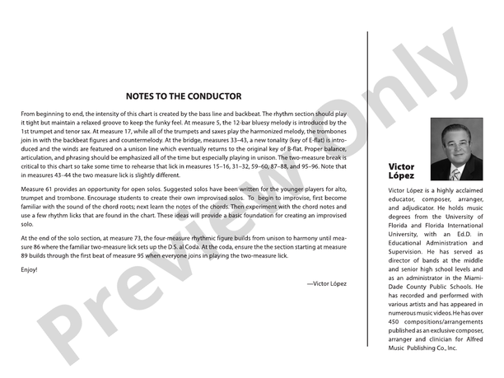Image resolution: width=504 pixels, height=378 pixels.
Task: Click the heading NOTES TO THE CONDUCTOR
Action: pyautogui.click(x=184, y=96)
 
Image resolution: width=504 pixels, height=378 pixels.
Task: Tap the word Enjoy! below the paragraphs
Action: pyautogui.click(x=30, y=269)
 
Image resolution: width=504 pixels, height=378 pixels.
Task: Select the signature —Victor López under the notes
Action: pyautogui.click(x=326, y=283)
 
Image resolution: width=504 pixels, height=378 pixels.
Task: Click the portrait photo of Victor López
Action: pyautogui.click(x=456, y=149)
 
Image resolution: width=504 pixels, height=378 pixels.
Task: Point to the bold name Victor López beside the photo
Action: pyautogui.click(x=401, y=171)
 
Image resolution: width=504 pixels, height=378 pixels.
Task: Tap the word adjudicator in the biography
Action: pyautogui.click(x=411, y=208)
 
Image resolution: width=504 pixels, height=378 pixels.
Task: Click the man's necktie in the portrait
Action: pyautogui.click(x=455, y=174)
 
